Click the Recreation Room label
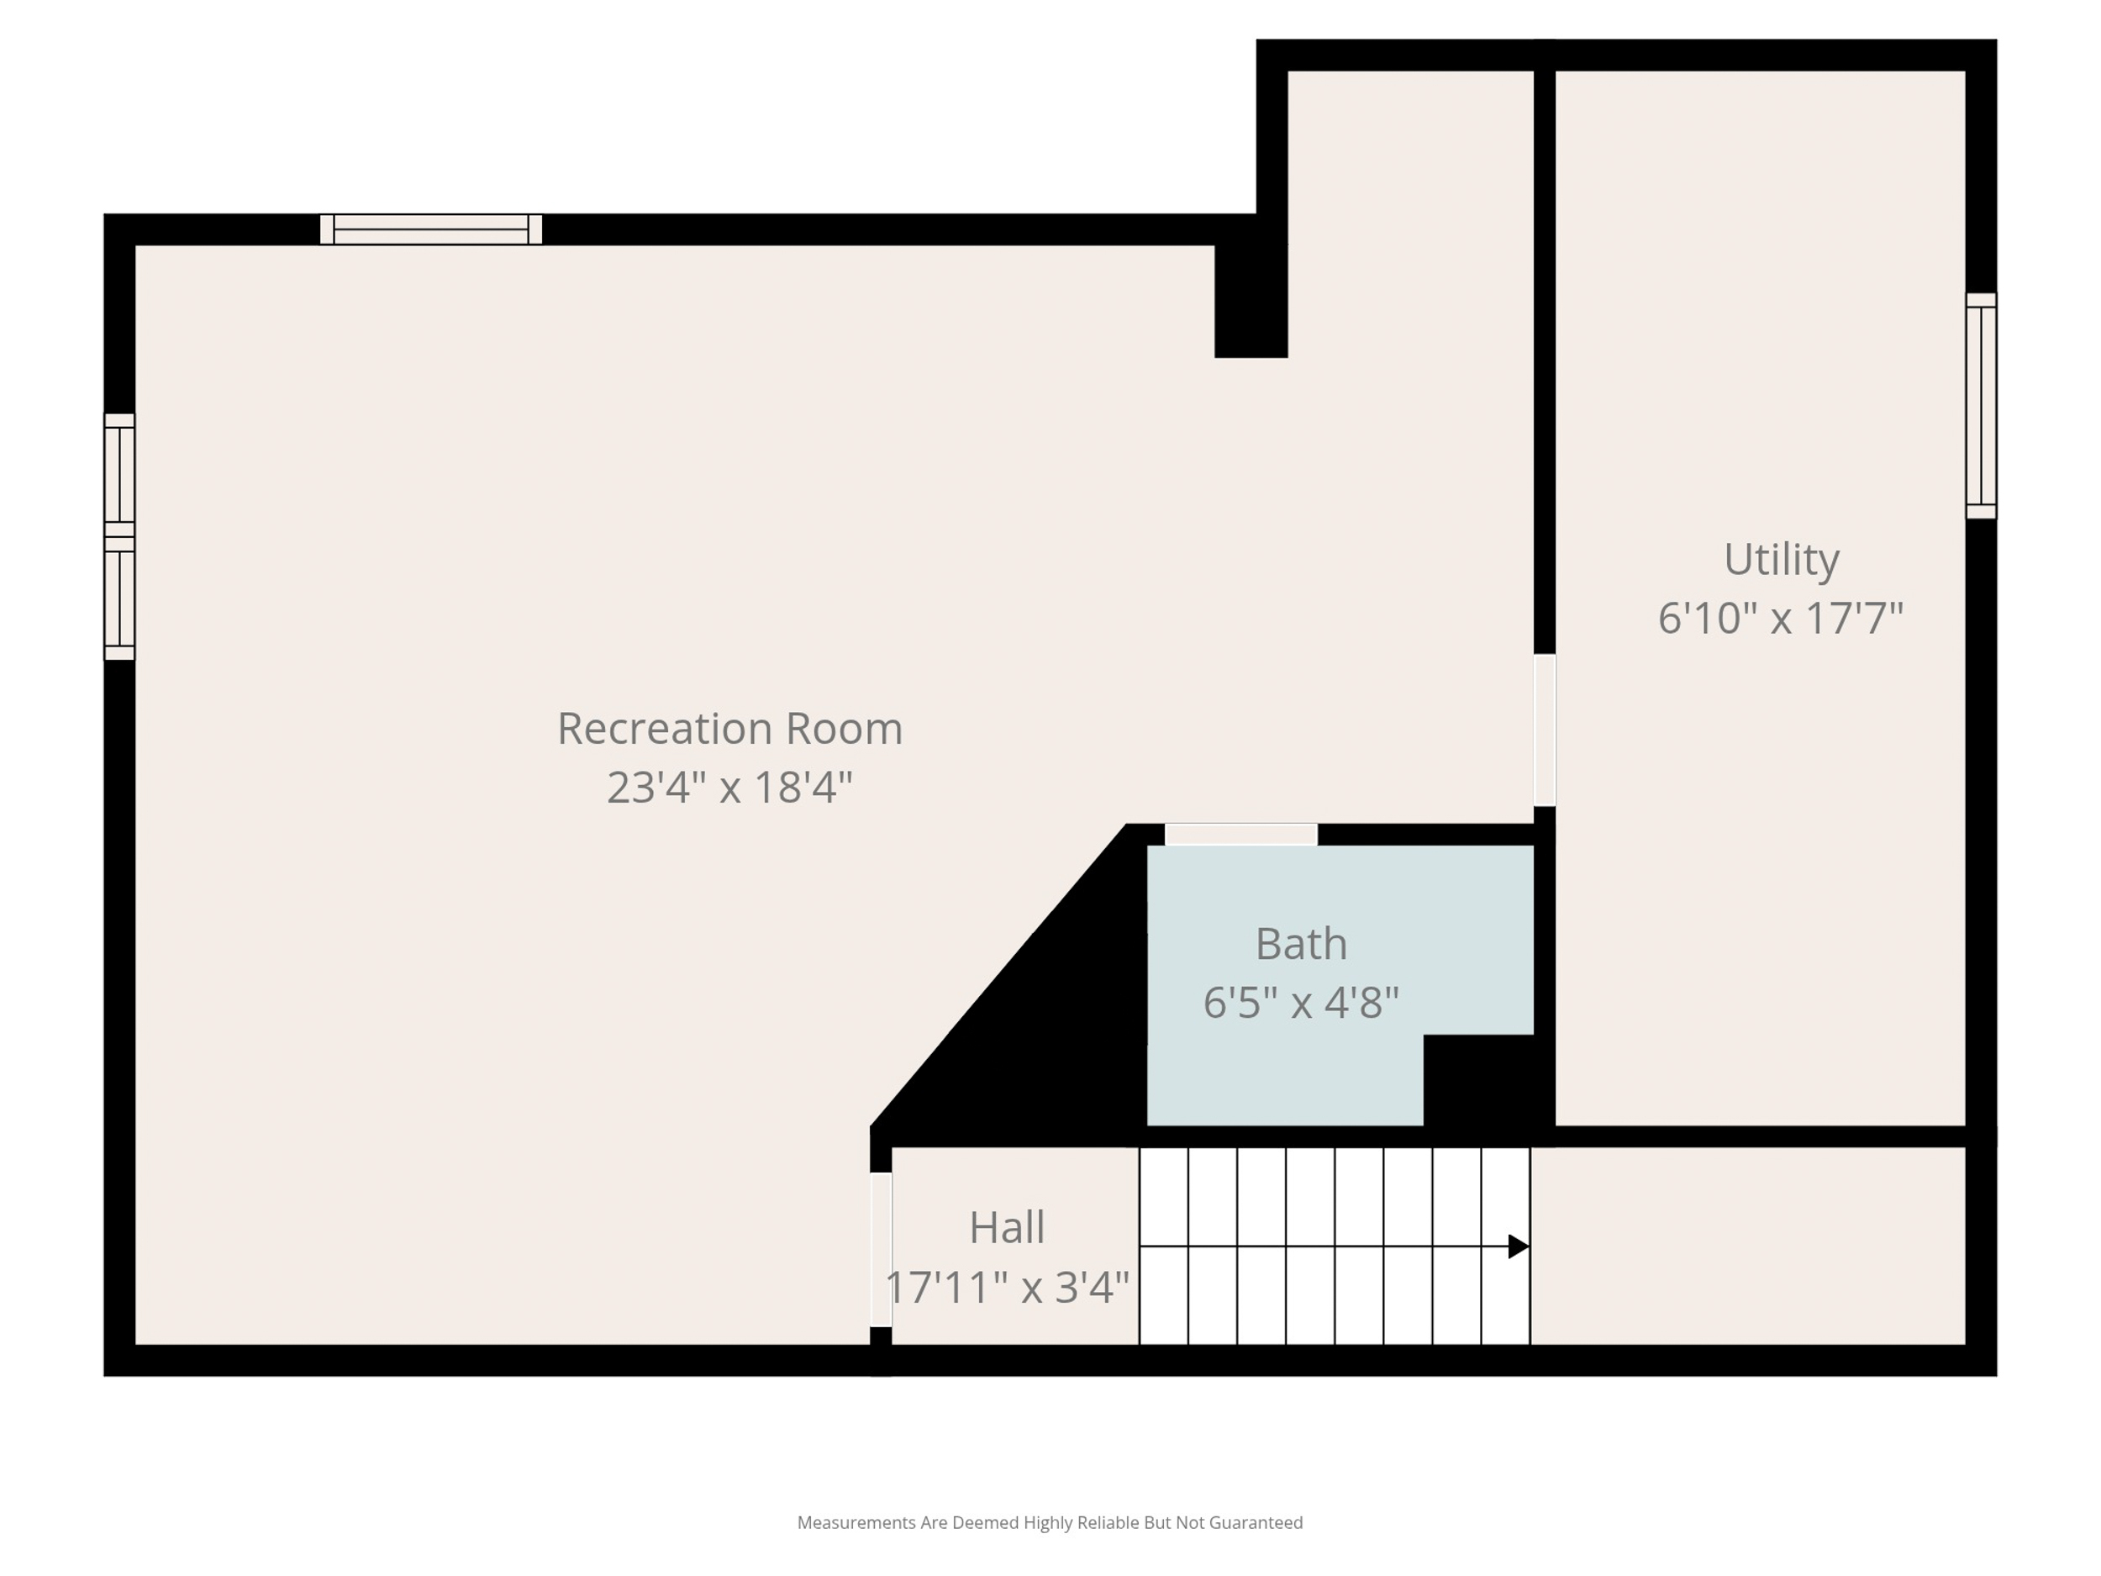point(729,729)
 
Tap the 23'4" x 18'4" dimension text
point(729,788)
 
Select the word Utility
point(1781,559)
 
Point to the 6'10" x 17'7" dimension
point(1781,618)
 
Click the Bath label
point(1301,943)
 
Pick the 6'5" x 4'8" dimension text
point(1301,1002)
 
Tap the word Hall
point(1007,1227)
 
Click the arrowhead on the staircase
point(1518,1247)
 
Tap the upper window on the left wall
point(118,475)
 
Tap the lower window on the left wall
point(118,598)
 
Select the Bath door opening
point(1240,834)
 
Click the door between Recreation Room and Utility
point(1545,730)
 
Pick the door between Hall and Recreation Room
point(881,1249)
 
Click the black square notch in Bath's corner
point(1478,1080)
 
